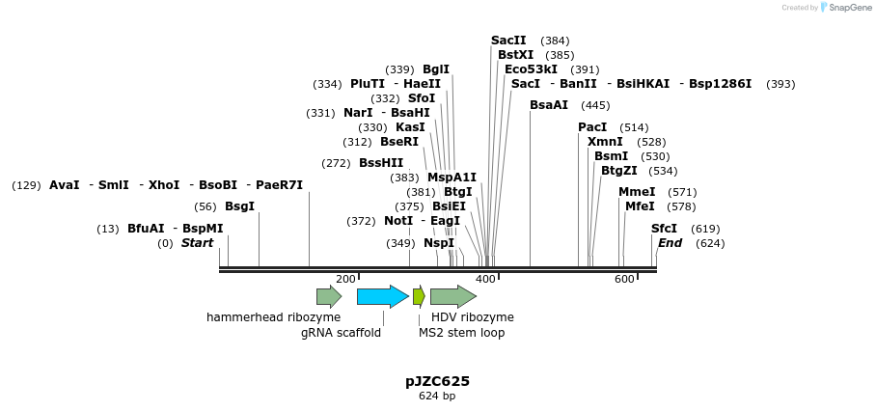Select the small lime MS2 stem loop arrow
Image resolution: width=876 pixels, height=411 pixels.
point(419,296)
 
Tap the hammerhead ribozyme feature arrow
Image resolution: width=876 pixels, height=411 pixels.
point(329,296)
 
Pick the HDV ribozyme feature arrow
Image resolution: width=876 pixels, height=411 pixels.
point(452,296)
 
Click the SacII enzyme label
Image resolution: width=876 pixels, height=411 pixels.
point(508,41)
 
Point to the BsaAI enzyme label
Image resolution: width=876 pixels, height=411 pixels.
point(549,105)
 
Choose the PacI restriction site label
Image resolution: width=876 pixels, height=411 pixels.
point(592,127)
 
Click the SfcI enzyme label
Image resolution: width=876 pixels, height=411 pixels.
point(664,229)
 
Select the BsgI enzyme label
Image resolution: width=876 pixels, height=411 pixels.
point(239,206)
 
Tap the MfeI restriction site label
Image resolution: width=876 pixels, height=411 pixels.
point(640,206)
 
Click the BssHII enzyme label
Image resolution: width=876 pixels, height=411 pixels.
point(381,163)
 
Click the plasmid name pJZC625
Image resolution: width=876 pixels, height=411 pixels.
point(437,381)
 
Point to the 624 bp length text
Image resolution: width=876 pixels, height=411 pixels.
point(437,397)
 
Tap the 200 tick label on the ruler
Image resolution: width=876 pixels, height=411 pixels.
point(345,280)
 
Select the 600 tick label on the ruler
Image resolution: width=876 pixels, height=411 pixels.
point(624,280)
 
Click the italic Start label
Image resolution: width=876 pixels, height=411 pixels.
point(197,243)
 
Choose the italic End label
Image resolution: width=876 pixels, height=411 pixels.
point(670,243)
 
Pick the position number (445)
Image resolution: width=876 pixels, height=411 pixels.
point(595,105)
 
